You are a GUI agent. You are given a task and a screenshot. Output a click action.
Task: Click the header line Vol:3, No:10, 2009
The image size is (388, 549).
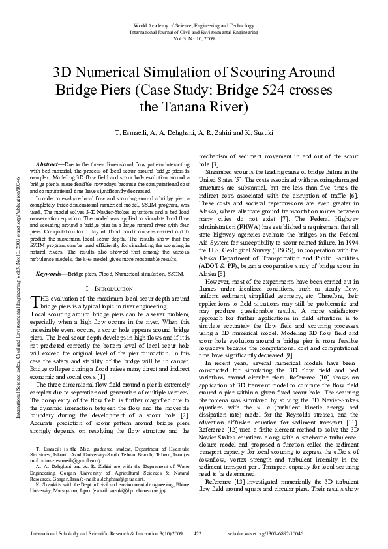pyautogui.click(x=194, y=38)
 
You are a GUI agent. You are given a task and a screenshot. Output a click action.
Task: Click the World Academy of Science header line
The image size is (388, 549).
pyautogui.click(x=194, y=24)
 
